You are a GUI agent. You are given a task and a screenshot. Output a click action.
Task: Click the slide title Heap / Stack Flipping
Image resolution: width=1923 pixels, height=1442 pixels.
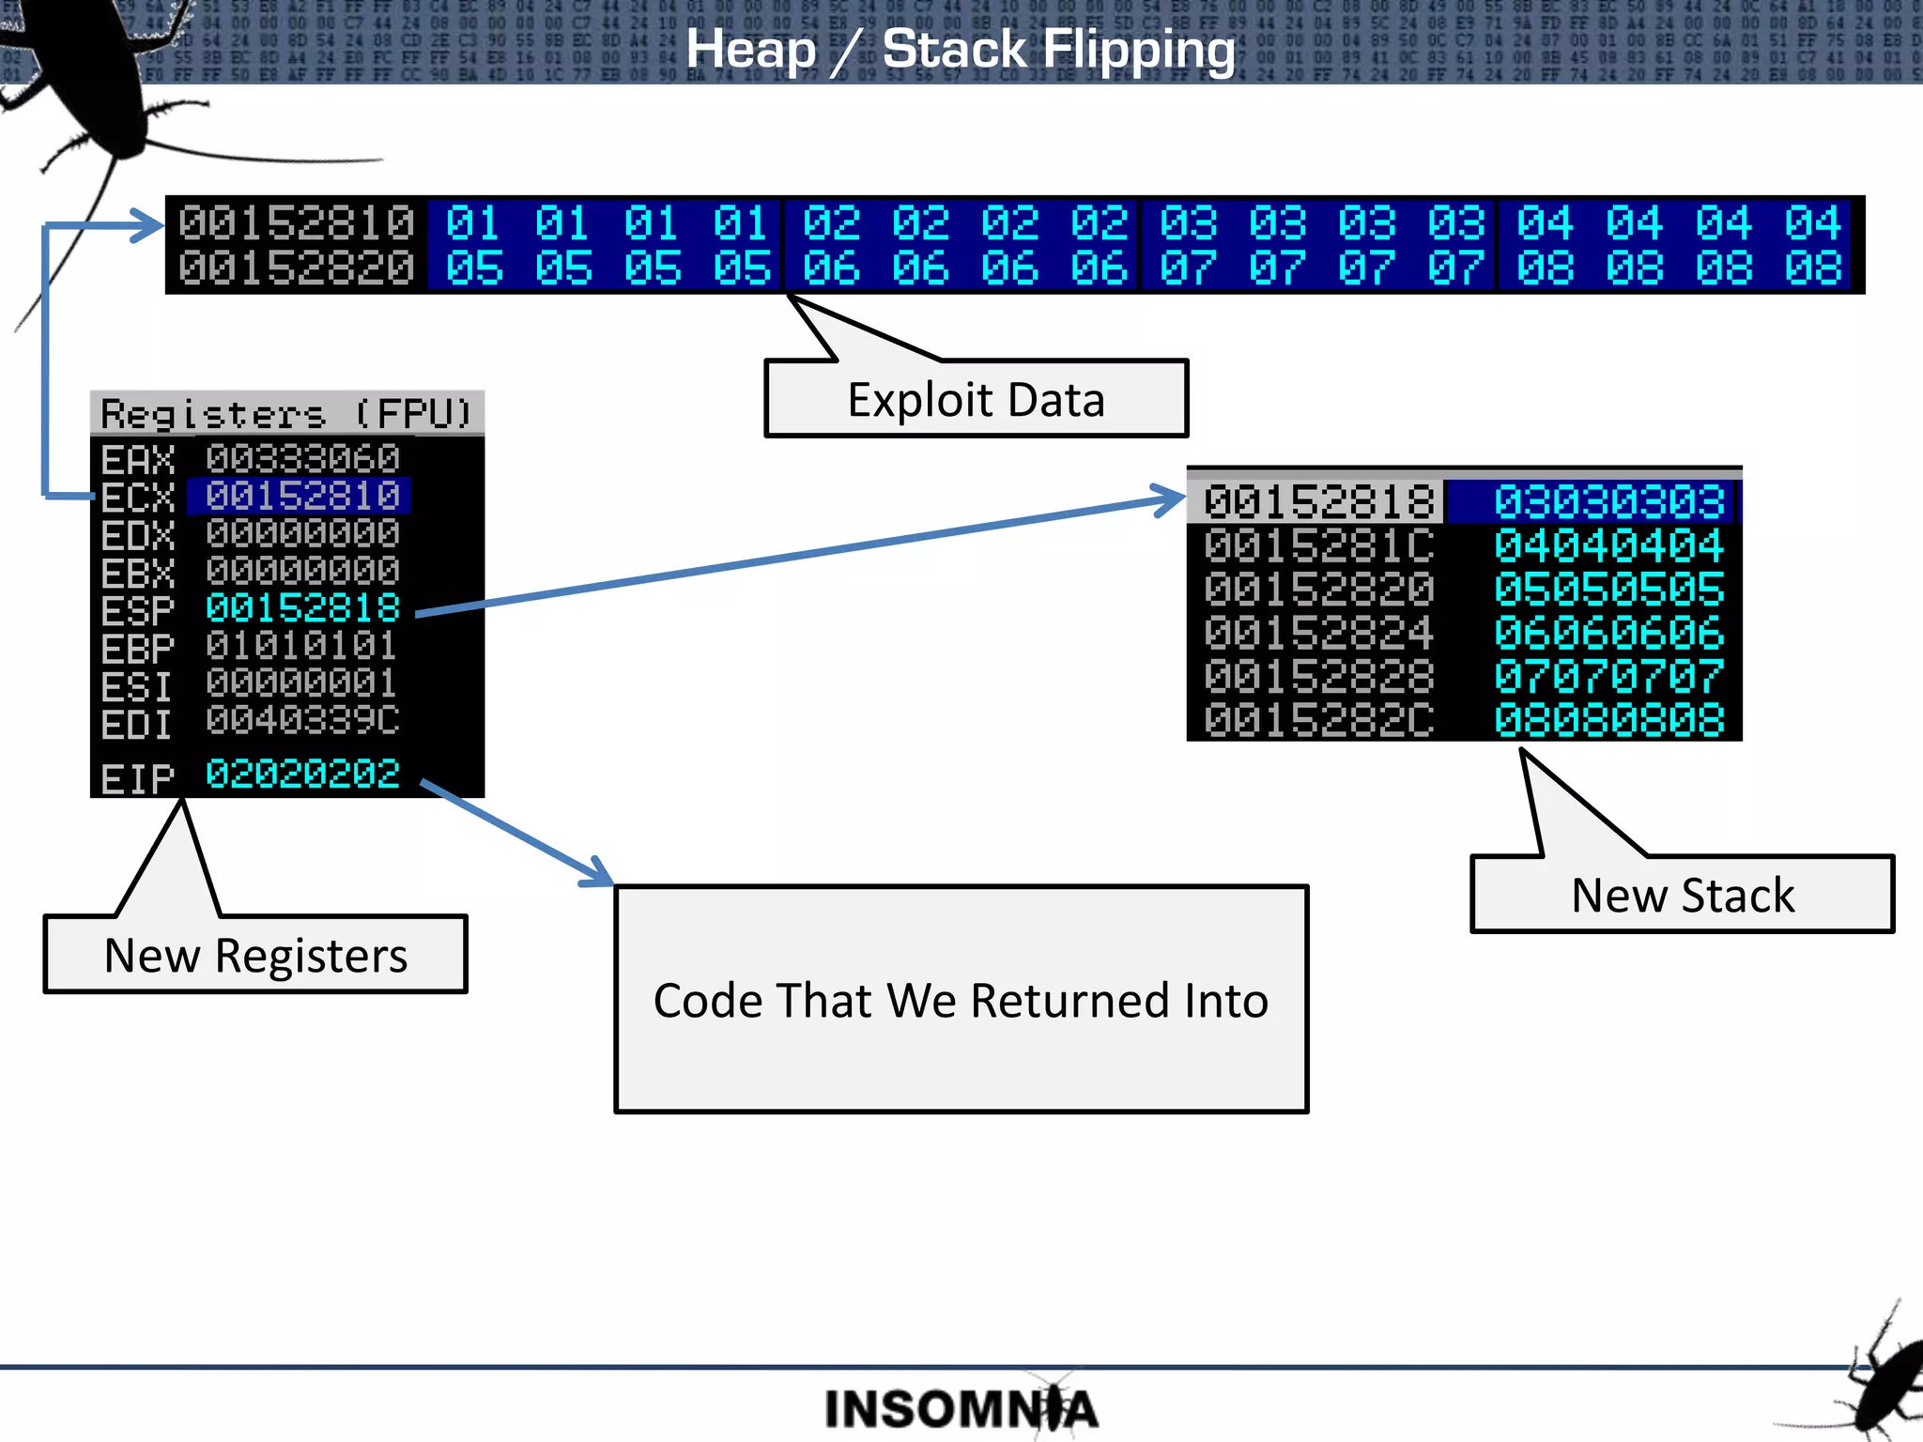click(961, 49)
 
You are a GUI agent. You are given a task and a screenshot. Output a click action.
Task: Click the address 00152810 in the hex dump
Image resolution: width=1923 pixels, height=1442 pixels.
click(296, 223)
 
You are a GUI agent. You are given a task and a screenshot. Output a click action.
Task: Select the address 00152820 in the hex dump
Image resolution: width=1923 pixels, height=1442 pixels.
click(296, 268)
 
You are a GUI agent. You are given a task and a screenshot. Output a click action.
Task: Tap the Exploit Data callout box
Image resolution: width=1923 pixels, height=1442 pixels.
click(977, 400)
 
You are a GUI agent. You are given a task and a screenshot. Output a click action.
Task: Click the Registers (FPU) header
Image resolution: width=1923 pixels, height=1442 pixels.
click(286, 413)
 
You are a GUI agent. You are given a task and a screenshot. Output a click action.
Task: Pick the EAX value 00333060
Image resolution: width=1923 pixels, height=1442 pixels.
click(302, 459)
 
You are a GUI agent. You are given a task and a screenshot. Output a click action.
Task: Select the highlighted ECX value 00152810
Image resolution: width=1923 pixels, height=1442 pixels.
click(302, 497)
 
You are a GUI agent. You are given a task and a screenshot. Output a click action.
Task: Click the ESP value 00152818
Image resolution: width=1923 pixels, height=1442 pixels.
click(302, 608)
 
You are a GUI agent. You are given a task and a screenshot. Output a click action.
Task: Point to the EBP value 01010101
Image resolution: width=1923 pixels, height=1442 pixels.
click(302, 646)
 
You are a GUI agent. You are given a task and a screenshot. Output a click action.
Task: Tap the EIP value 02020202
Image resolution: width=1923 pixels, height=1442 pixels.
click(302, 775)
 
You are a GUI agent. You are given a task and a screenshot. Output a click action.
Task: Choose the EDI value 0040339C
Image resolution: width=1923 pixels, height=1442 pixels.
click(302, 721)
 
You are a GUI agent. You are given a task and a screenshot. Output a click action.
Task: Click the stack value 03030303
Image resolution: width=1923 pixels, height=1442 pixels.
click(1608, 502)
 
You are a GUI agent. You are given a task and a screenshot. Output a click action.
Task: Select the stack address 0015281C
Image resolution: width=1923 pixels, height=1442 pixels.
click(1318, 545)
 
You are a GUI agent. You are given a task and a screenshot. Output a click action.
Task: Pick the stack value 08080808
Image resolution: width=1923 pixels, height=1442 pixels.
click(1608, 721)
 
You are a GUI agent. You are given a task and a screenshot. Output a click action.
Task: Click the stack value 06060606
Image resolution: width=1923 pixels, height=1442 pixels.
click(1608, 633)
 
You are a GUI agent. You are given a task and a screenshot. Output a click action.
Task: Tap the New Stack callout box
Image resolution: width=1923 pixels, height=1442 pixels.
click(1682, 895)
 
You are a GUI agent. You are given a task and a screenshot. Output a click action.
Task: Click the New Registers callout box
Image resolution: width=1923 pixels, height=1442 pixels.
click(255, 955)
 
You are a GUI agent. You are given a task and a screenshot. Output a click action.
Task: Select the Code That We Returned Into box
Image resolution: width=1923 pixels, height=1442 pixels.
click(961, 1000)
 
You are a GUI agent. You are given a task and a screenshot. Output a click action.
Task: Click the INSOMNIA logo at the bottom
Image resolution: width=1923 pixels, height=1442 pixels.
click(961, 1408)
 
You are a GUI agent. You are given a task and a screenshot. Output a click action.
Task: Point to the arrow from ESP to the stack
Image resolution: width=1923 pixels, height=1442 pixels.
click(798, 556)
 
